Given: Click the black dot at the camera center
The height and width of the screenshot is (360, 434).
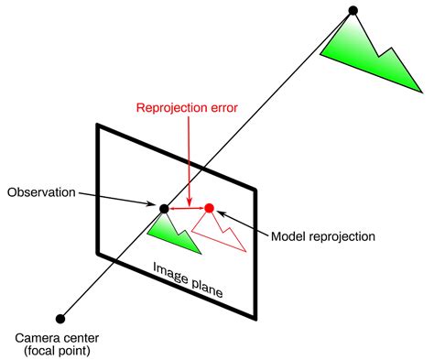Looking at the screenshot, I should click(x=60, y=319).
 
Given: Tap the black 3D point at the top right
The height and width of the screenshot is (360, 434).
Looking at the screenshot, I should click(x=353, y=11).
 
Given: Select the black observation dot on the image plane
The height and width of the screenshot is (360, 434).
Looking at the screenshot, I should click(x=165, y=209).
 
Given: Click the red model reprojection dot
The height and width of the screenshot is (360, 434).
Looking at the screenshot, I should click(x=209, y=209).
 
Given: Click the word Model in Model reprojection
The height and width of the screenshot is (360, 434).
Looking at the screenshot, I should click(x=291, y=236).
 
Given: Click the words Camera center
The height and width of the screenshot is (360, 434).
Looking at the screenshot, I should click(x=60, y=336).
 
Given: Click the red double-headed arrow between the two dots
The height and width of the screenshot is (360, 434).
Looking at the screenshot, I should click(x=187, y=209).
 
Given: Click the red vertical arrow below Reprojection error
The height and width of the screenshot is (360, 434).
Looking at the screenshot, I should click(x=187, y=156).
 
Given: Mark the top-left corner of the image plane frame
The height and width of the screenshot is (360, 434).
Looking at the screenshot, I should click(x=97, y=125).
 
